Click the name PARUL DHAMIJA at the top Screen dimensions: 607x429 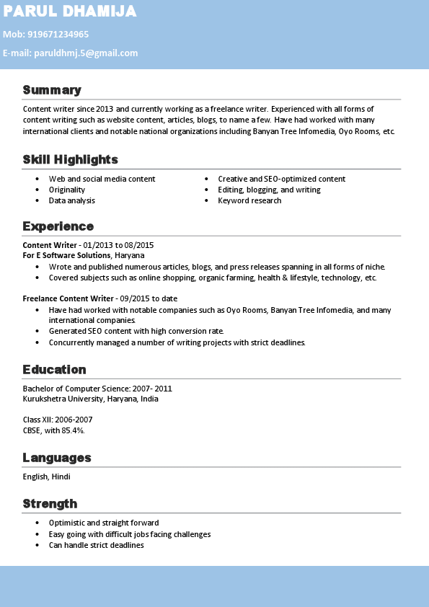click(x=69, y=12)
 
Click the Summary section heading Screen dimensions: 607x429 click(x=52, y=90)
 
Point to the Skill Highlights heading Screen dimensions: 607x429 click(x=70, y=159)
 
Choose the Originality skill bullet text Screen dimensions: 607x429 click(x=67, y=190)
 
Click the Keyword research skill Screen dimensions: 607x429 click(x=249, y=200)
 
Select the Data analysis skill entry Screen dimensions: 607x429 click(x=72, y=200)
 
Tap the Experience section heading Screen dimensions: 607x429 click(x=58, y=226)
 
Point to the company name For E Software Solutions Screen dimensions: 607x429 click(x=66, y=255)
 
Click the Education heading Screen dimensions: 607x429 click(x=54, y=370)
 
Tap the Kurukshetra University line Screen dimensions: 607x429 click(x=90, y=399)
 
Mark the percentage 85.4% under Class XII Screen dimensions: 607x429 click(x=74, y=430)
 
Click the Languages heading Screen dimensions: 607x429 click(x=57, y=458)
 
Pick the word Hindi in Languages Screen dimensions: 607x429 click(x=61, y=477)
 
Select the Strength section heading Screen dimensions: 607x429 click(x=50, y=503)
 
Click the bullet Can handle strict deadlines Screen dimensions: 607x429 click(x=96, y=545)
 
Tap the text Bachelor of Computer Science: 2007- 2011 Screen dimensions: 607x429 click(x=97, y=389)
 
